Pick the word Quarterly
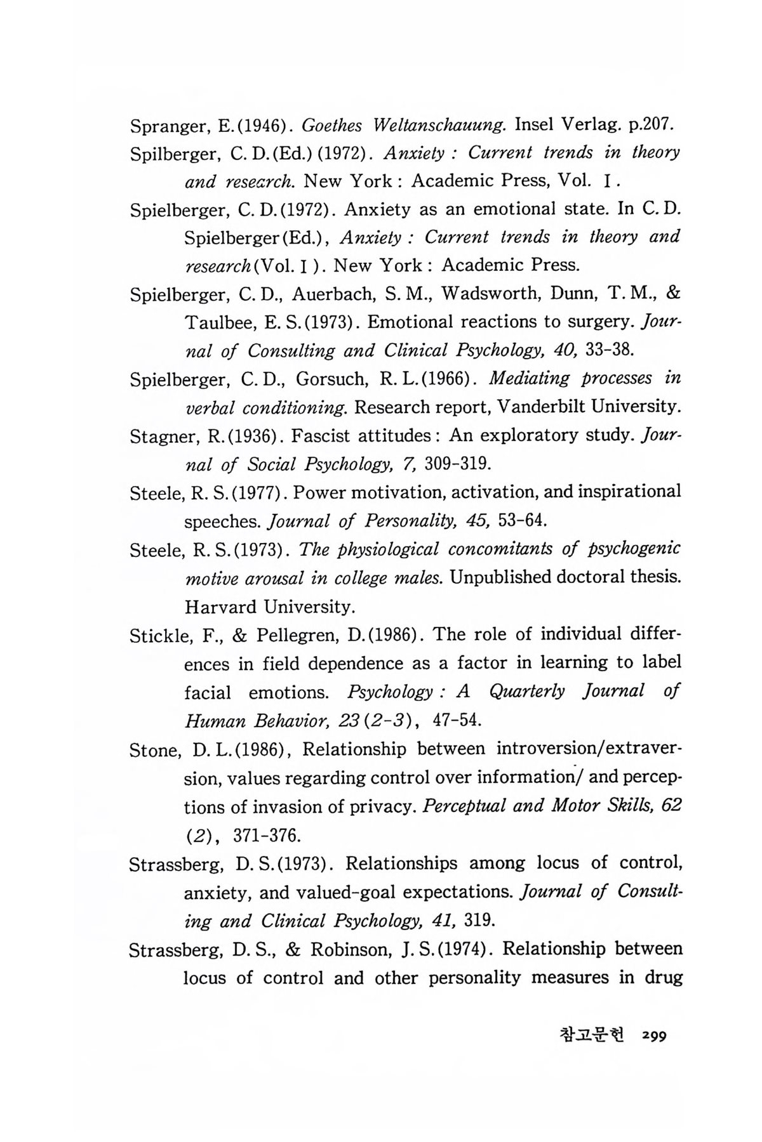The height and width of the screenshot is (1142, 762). coord(526,692)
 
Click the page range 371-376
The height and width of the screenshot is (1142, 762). coord(266,836)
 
